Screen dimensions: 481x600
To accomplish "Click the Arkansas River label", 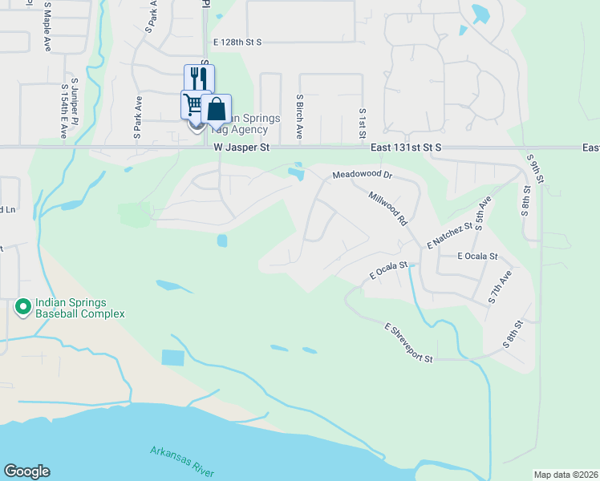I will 182,462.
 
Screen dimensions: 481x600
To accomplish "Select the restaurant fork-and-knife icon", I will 199,79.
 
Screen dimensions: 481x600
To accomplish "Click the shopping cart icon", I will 193,105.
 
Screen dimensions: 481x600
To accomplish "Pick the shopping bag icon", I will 217,109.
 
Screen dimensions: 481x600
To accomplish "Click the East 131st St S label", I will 407,148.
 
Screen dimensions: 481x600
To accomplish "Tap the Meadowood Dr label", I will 362,174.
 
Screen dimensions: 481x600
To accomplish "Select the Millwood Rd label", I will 387,208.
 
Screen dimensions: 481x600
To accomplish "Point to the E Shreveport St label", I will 408,342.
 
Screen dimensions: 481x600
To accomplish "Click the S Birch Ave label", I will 298,116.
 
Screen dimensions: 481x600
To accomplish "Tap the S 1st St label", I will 363,123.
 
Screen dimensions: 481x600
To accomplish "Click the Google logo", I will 26,471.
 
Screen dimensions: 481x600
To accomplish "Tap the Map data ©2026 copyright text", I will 566,475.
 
